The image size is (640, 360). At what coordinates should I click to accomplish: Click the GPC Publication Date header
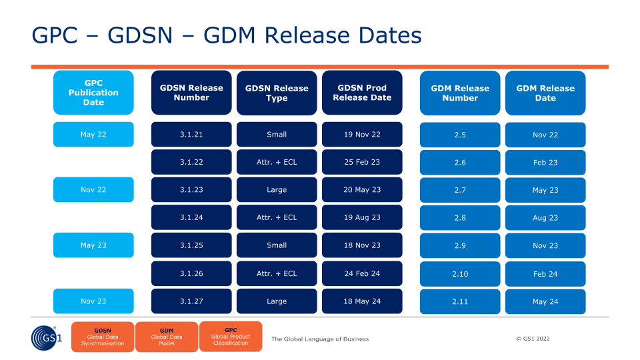[93, 93]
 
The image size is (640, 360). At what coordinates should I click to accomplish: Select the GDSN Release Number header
[191, 93]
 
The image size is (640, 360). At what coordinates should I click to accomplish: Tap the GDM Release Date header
[545, 93]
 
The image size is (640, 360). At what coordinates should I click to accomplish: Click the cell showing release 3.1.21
[191, 134]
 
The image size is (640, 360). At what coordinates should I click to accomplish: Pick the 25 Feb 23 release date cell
[362, 162]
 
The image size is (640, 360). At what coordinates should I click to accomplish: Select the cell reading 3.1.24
[191, 217]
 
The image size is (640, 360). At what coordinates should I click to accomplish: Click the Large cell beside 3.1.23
[277, 189]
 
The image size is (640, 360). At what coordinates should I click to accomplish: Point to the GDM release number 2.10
[460, 274]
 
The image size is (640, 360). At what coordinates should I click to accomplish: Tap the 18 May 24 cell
[362, 301]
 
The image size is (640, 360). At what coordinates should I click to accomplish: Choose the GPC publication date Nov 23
[93, 301]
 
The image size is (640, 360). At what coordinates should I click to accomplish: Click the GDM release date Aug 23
[545, 217]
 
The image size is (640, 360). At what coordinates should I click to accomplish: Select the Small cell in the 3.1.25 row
[277, 245]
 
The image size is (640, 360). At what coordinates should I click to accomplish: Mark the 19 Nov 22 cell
[362, 134]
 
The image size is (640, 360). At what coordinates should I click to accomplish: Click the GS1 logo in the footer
[47, 337]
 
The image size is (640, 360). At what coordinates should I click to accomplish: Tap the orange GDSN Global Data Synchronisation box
[103, 337]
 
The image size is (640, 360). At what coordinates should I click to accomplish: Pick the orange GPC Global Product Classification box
[231, 336]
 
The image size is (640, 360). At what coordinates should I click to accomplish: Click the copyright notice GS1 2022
[533, 339]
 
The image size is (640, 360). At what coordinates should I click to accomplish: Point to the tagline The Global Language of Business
[320, 339]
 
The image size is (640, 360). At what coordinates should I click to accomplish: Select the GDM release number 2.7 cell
[460, 190]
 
